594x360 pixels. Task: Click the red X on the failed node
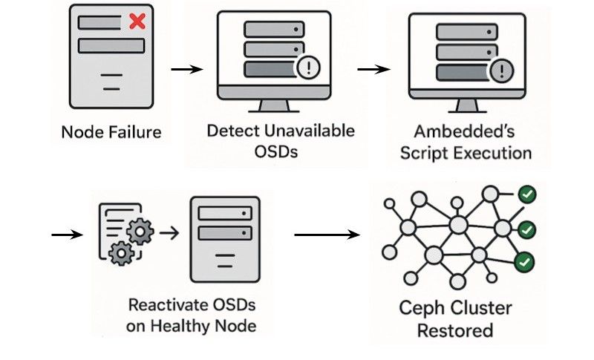137,22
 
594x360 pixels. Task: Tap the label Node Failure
111,134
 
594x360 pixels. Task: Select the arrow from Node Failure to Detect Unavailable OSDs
186,70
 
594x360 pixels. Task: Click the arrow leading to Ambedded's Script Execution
373,70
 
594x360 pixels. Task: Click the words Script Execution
466,154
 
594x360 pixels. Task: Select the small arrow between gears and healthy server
170,233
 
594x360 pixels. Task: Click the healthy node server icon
224,238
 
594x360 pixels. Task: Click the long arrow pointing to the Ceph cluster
327,236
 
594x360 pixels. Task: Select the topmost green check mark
528,195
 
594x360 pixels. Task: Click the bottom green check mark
526,262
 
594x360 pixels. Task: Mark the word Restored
455,330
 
